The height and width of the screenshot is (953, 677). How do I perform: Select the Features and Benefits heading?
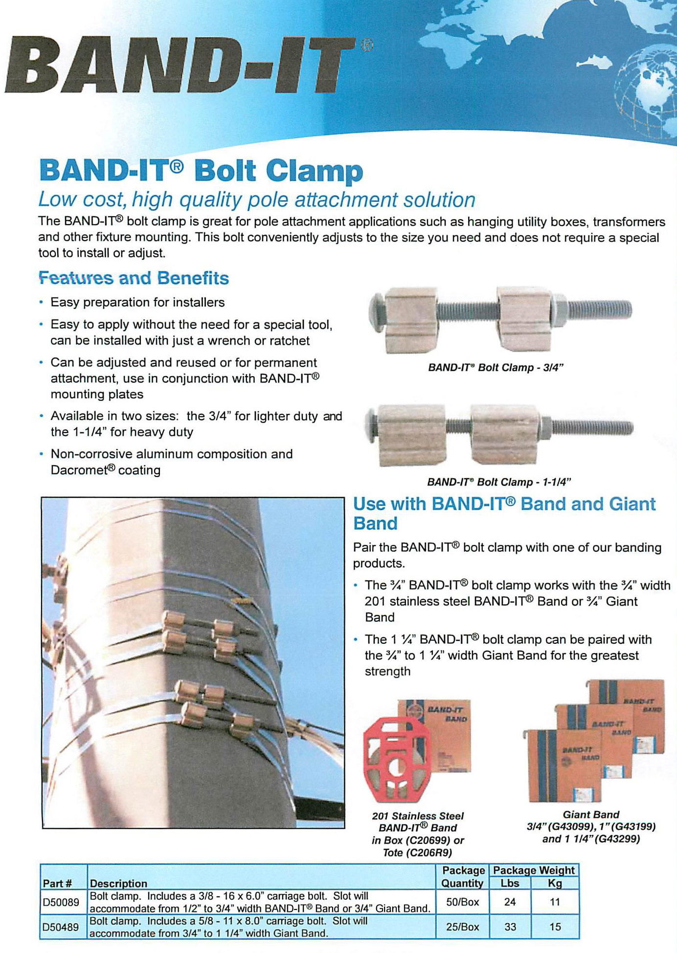(134, 278)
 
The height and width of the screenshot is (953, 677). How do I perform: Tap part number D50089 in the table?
(61, 902)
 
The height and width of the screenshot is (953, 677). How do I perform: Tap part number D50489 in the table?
(61, 927)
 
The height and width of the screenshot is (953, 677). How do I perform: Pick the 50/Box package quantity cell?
(462, 902)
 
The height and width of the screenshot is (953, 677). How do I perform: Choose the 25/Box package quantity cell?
(462, 927)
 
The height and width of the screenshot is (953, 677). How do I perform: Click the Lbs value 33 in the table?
(510, 927)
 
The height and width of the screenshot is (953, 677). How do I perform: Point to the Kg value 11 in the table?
(555, 902)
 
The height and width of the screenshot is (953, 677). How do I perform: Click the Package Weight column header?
(534, 870)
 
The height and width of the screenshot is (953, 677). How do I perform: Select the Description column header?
(118, 884)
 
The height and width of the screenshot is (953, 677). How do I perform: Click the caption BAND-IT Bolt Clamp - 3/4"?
(496, 368)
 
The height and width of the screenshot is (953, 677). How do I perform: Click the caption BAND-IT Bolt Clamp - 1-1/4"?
(499, 482)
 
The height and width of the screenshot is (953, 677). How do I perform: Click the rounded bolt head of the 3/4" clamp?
(377, 311)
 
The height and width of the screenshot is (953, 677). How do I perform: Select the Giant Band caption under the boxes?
(591, 815)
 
